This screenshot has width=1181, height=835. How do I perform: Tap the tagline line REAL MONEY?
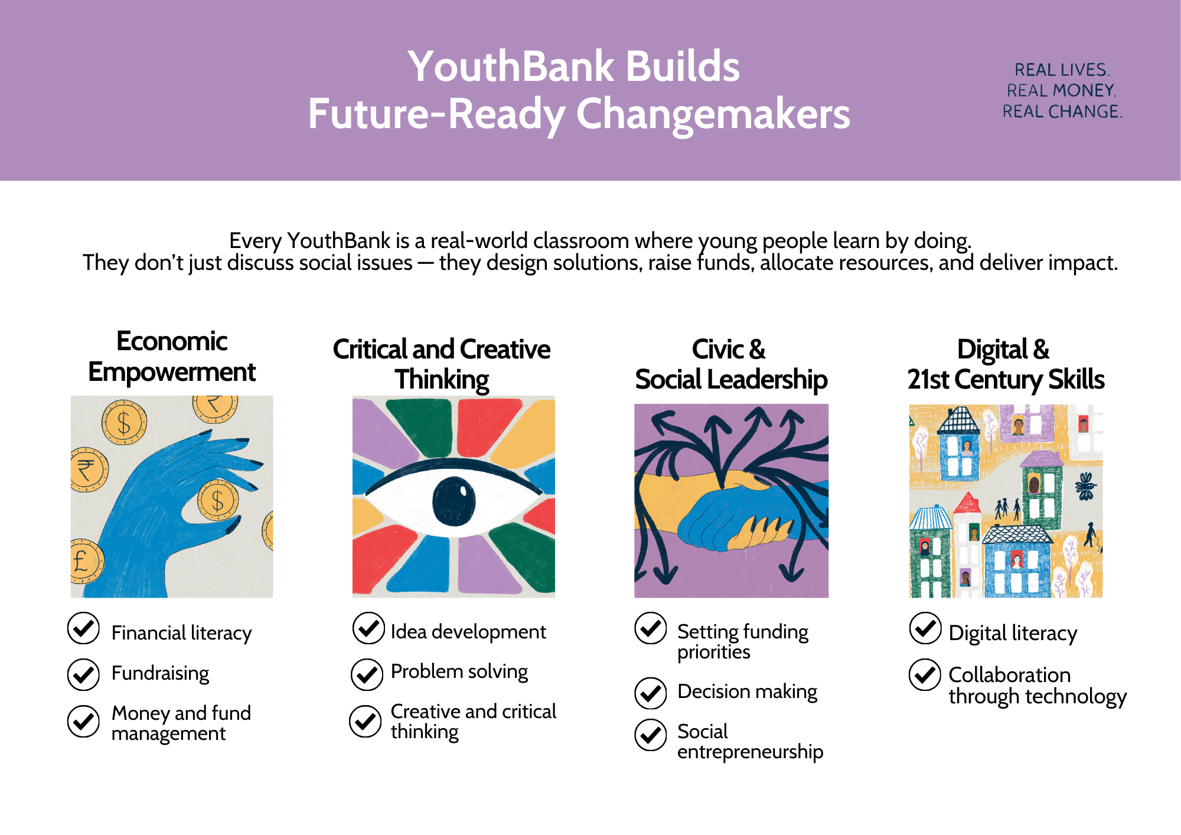tap(1061, 90)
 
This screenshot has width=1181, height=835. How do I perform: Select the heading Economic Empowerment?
tap(172, 357)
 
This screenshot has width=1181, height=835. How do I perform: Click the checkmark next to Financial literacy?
tap(83, 628)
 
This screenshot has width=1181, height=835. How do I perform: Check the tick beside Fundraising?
tap(83, 674)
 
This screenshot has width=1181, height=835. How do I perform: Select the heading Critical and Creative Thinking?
tap(442, 364)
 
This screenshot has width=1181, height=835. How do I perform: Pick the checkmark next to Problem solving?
tap(367, 674)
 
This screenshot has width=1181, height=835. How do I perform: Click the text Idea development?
tap(468, 632)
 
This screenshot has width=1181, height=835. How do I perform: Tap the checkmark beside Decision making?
tap(651, 693)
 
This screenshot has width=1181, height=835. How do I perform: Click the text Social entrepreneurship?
tap(750, 741)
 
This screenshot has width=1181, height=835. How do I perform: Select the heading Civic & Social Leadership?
tap(731, 364)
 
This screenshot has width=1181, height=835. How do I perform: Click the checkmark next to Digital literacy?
tap(925, 628)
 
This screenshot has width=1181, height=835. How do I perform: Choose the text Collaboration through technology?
tap(1038, 686)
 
